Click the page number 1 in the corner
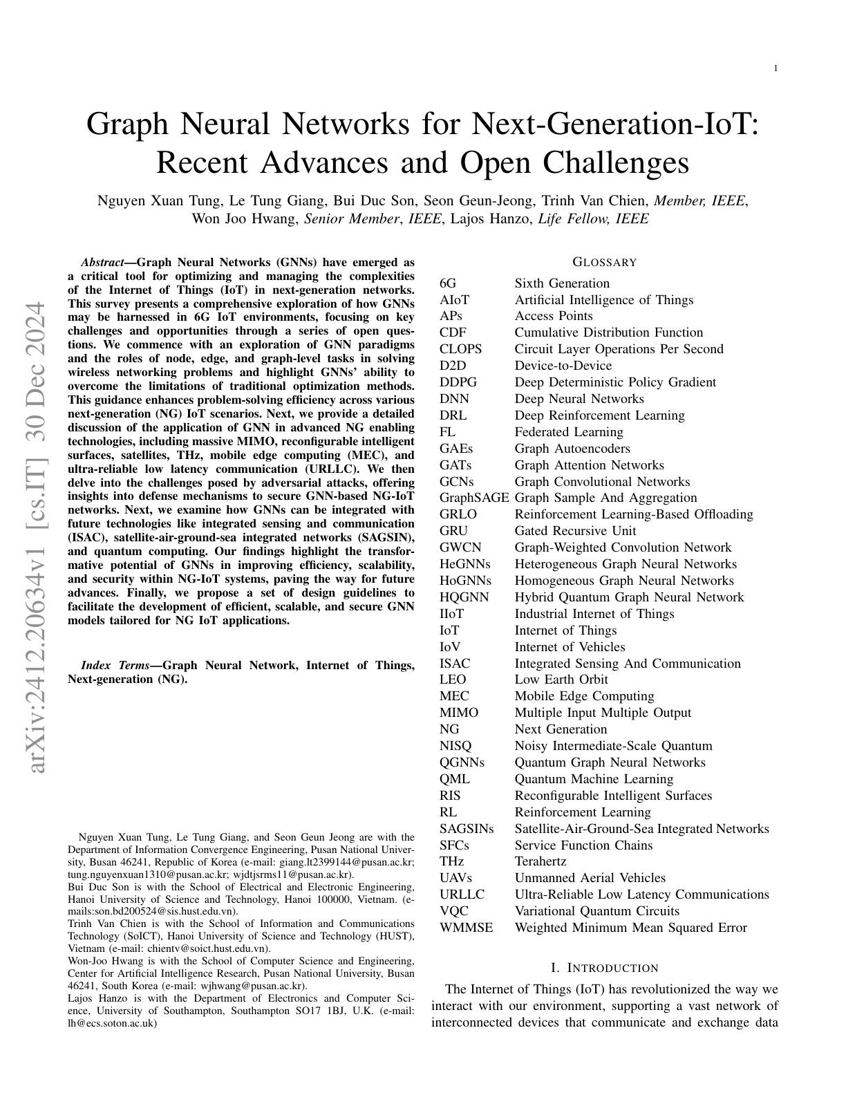coord(775,68)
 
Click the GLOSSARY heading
coord(604,262)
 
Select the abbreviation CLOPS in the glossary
coord(460,349)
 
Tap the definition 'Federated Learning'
coord(569,432)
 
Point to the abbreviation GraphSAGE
coord(474,498)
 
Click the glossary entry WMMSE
coord(467,928)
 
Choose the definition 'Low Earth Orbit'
coord(561,680)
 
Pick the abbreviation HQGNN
coord(464,597)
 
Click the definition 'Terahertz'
coord(540,861)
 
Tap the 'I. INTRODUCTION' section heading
coord(604,968)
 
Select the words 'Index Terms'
coord(115,666)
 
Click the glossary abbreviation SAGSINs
coord(467,829)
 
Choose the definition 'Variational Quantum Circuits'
coord(596,911)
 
